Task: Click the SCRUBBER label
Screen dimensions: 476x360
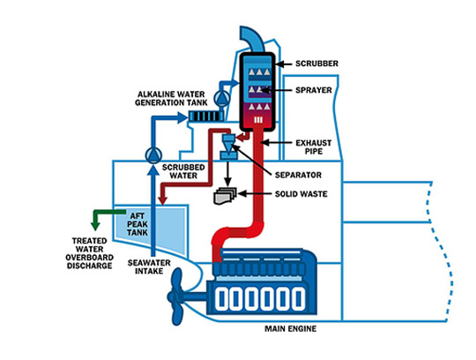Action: (316, 64)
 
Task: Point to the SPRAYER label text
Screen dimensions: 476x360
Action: (314, 90)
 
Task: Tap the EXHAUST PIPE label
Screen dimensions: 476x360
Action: (314, 147)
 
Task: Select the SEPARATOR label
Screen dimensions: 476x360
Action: (298, 175)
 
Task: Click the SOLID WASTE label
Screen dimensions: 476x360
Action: (301, 194)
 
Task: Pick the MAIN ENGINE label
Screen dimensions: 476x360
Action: (291, 329)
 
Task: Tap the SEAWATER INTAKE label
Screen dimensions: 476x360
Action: (149, 266)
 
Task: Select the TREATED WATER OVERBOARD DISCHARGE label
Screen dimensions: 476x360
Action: (89, 253)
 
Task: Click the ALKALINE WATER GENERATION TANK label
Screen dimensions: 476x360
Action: (171, 99)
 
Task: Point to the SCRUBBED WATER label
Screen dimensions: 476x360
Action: (183, 171)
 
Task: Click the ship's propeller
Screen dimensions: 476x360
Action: (177, 296)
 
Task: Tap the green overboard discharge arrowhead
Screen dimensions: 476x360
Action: (95, 226)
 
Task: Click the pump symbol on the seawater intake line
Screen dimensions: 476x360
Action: (153, 155)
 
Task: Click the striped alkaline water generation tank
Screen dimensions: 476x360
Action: (205, 116)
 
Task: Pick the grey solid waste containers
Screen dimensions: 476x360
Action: (225, 195)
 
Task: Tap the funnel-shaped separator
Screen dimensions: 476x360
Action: (228, 146)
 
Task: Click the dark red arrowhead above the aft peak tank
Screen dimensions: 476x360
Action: (163, 200)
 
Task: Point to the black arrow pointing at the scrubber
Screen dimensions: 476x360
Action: (284, 64)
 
